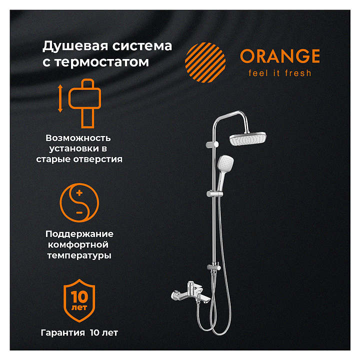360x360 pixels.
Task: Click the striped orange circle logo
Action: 205,62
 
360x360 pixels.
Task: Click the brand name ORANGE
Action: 280,56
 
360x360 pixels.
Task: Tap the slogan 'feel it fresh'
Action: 280,73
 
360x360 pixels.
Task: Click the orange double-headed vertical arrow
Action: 60,98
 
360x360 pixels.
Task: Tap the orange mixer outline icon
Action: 84,103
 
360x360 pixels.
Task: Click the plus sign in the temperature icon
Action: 79,192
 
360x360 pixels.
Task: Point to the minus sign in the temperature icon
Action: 79,212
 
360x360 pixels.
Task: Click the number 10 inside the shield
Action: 79,296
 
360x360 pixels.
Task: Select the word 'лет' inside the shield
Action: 79,307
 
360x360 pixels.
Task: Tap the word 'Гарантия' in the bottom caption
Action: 62,333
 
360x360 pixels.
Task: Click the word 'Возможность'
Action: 78,138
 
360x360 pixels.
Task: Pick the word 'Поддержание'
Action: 79,234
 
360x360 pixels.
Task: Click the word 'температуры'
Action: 79,256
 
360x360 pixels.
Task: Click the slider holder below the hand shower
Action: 214,194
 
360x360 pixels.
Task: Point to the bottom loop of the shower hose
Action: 220,332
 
